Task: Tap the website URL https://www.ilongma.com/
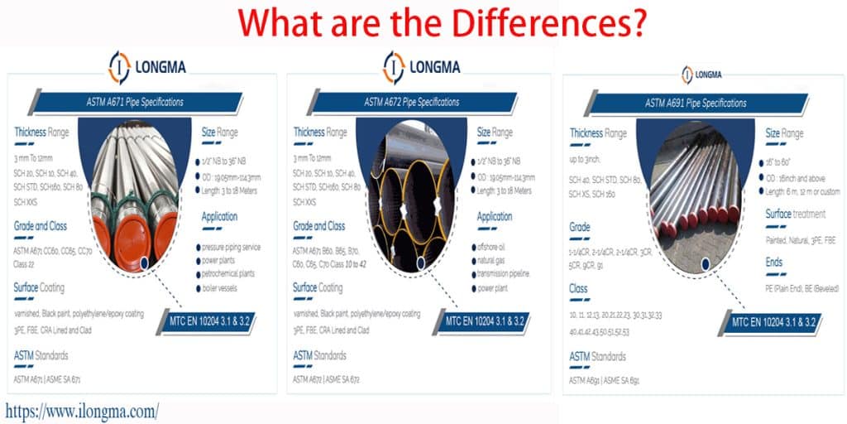point(82,410)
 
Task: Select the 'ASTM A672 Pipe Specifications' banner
point(412,103)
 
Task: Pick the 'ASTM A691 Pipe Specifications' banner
point(696,104)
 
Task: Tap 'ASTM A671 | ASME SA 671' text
point(47,379)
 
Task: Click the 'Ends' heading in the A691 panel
point(774,262)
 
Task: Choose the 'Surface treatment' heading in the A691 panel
point(795,214)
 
